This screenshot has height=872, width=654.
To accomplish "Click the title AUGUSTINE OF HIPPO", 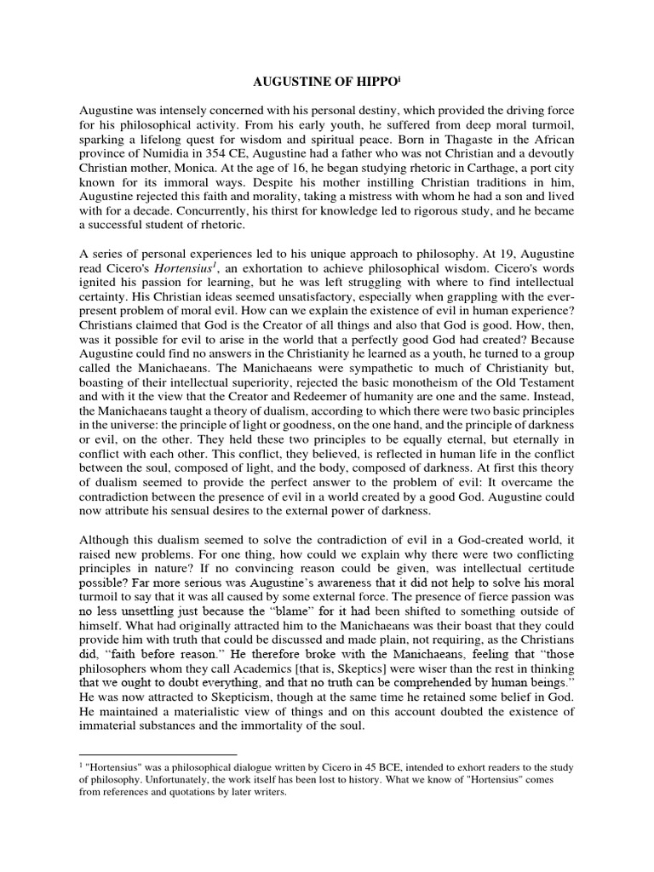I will (x=323, y=83).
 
